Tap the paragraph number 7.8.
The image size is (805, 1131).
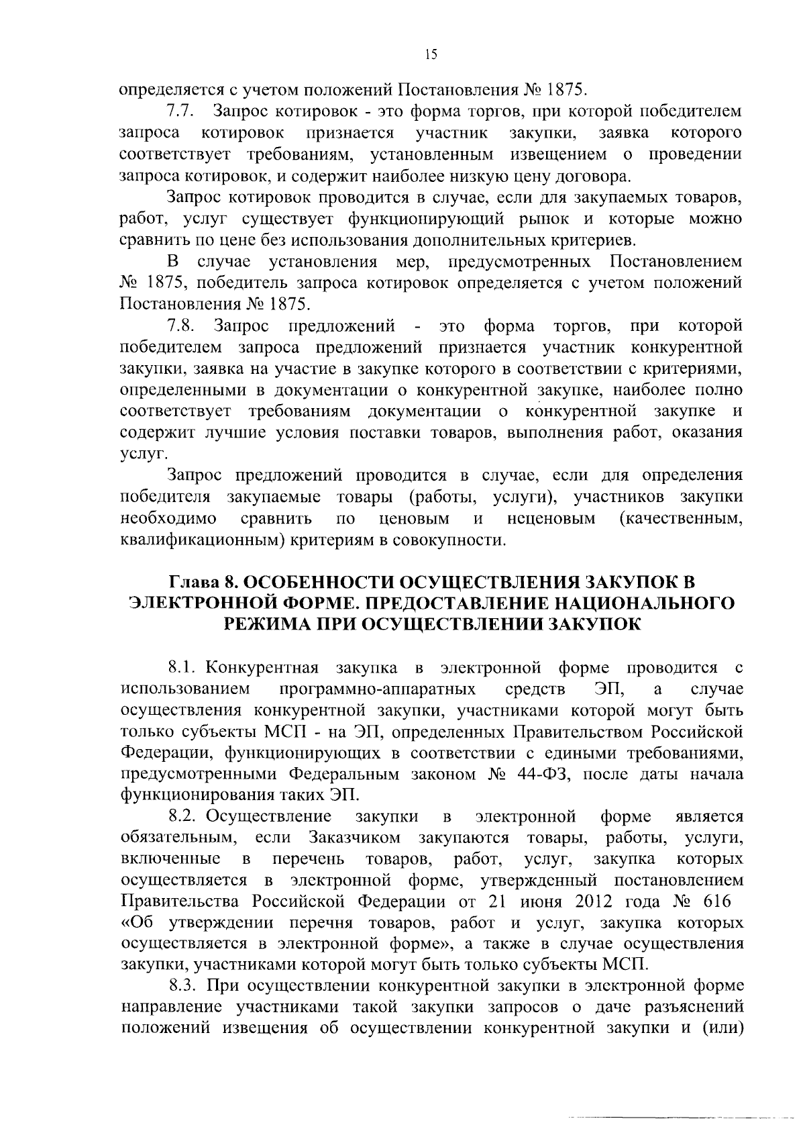pyautogui.click(x=181, y=327)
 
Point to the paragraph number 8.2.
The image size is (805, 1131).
pyautogui.click(x=182, y=817)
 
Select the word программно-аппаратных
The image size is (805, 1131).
pyautogui.click(x=378, y=689)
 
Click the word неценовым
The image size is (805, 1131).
pyautogui.click(x=552, y=519)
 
